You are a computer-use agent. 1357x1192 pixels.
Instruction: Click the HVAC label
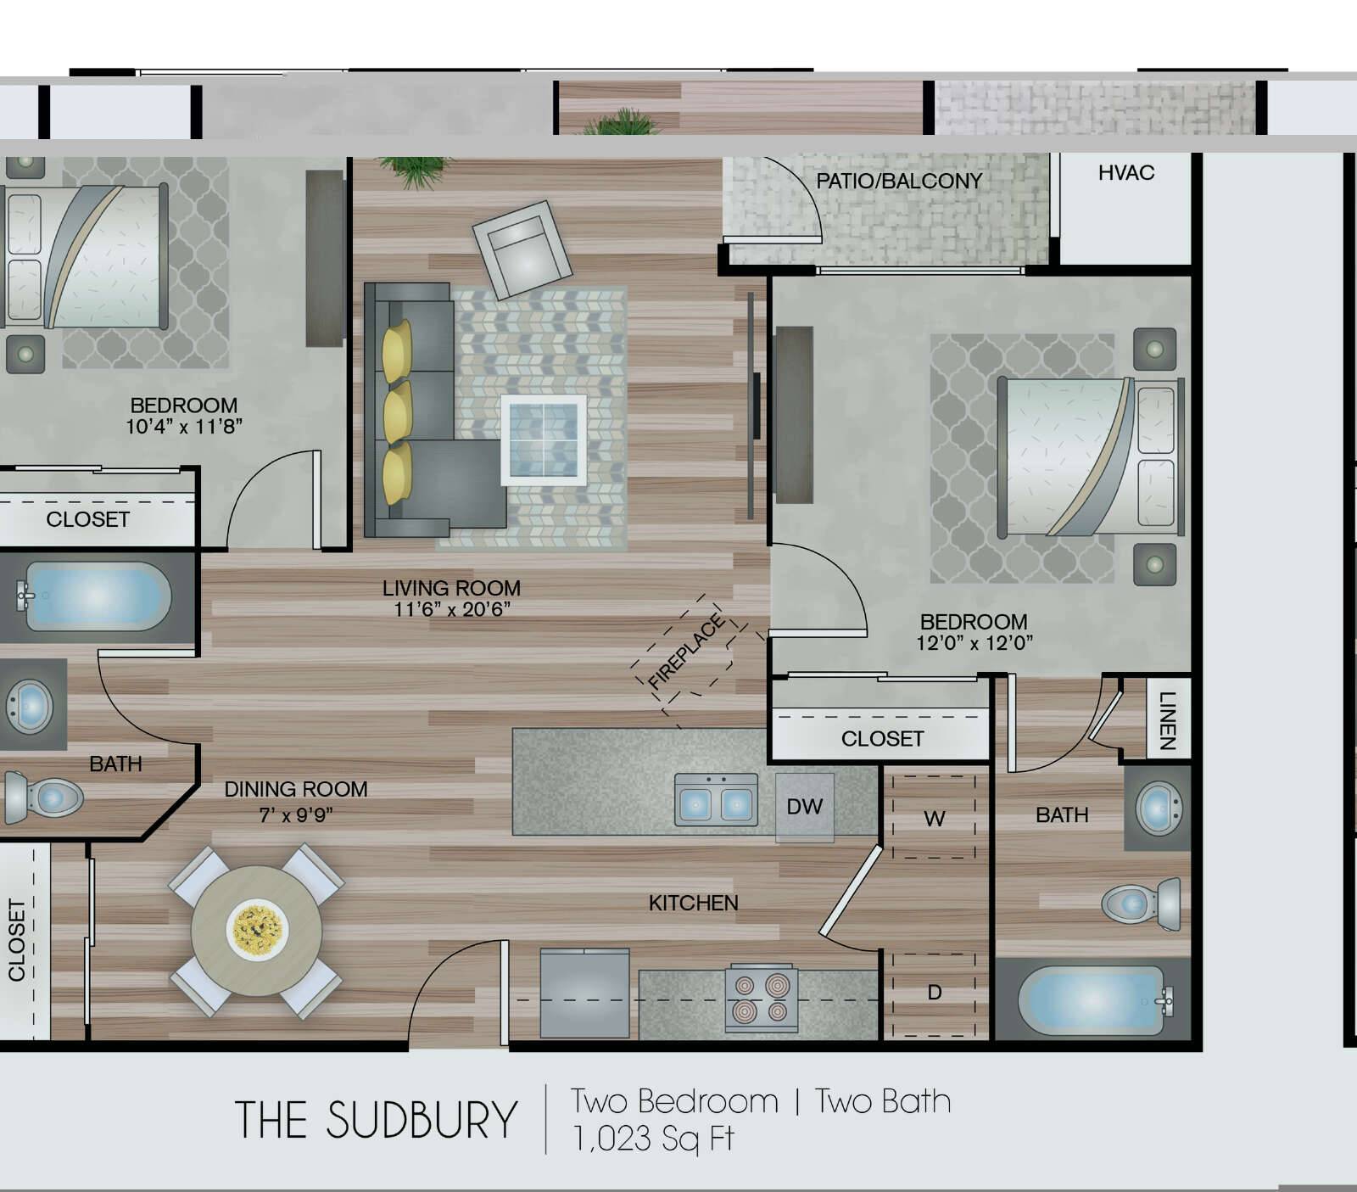point(1126,173)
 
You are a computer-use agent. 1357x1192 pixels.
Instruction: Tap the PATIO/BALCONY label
point(899,181)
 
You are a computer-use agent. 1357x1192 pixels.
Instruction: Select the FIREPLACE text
point(686,652)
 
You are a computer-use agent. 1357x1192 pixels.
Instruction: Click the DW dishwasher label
point(804,806)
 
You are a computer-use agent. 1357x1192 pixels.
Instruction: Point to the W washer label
point(934,819)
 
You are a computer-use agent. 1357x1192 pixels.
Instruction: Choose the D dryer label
point(934,992)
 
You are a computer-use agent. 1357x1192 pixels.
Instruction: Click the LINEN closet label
point(1168,720)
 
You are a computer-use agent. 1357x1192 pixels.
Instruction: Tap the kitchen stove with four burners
point(762,999)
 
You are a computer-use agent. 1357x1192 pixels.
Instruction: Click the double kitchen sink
point(716,799)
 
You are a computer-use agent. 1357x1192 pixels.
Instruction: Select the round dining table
point(257,930)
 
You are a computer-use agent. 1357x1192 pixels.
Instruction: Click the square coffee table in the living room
point(543,439)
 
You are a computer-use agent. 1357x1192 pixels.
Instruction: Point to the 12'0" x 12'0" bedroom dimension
point(974,643)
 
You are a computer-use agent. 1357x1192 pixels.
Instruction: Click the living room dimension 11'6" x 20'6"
point(451,609)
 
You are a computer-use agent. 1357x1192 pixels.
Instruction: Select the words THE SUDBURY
point(376,1120)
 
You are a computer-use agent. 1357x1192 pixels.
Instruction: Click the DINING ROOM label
point(296,789)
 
